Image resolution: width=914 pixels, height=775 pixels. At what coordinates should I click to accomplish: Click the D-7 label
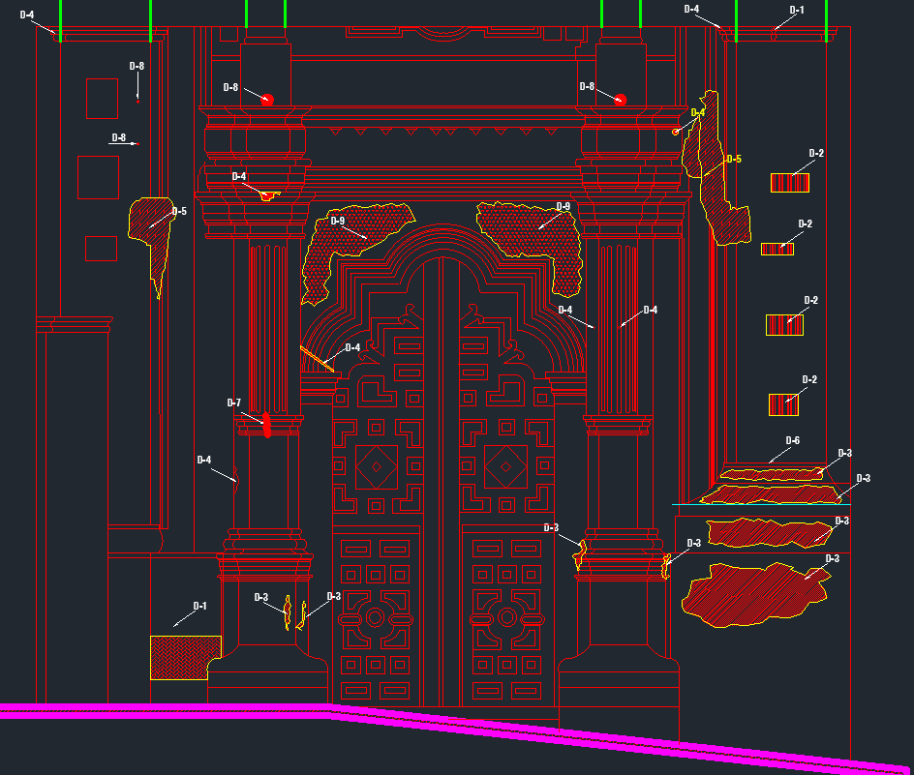[233, 402]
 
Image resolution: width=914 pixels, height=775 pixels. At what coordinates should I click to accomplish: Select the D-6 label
[792, 440]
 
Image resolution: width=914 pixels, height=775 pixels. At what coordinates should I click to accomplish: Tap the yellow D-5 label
[733, 159]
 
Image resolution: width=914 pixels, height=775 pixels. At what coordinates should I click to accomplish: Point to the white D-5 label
[179, 211]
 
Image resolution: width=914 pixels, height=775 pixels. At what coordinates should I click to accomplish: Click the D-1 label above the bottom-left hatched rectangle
[199, 606]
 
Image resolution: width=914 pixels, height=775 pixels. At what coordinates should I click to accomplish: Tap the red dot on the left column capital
[268, 99]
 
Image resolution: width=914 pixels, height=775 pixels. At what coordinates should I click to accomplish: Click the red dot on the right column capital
[621, 100]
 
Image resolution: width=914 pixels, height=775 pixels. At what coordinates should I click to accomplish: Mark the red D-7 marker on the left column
[266, 423]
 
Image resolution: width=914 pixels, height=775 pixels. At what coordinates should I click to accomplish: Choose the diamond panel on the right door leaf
[504, 468]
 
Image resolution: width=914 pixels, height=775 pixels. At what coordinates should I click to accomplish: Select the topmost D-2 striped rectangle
[790, 182]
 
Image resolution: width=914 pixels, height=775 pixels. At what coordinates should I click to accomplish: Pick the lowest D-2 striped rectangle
[783, 404]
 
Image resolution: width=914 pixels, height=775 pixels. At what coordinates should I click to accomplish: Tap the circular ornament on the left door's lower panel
[375, 616]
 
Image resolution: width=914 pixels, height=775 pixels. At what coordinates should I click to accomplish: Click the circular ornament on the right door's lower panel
[505, 616]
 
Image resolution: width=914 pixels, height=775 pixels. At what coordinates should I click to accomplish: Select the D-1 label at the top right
[797, 10]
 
